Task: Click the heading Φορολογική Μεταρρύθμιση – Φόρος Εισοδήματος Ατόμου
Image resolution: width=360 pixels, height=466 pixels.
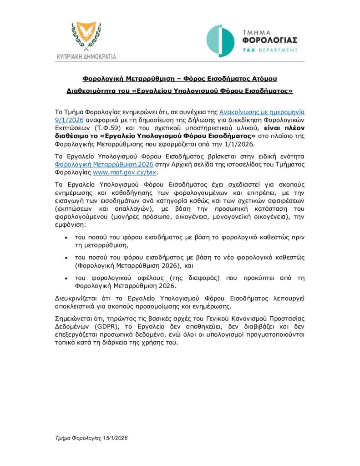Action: click(x=179, y=79)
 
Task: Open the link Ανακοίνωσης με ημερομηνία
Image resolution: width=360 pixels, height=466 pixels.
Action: click(x=262, y=111)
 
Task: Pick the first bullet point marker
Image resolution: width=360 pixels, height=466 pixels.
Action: click(x=67, y=238)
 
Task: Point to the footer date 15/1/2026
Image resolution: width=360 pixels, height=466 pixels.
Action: click(x=114, y=438)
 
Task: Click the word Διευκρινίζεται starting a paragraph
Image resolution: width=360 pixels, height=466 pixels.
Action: click(x=76, y=298)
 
